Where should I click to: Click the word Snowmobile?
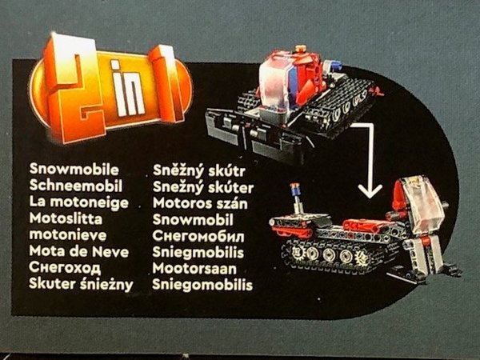click(74, 170)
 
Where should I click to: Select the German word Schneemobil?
click(76, 186)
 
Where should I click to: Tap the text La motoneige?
click(79, 202)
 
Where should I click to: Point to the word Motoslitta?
click(66, 218)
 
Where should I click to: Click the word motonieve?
click(68, 234)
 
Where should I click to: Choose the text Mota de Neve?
click(79, 251)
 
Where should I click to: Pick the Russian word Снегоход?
click(65, 267)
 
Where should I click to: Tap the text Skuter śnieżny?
click(81, 284)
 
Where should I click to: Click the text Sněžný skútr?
click(199, 171)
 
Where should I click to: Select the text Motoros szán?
click(200, 203)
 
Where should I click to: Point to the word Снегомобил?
click(198, 236)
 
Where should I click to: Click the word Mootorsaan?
click(194, 269)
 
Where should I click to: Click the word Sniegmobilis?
click(198, 252)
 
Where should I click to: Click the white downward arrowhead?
click(370, 190)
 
